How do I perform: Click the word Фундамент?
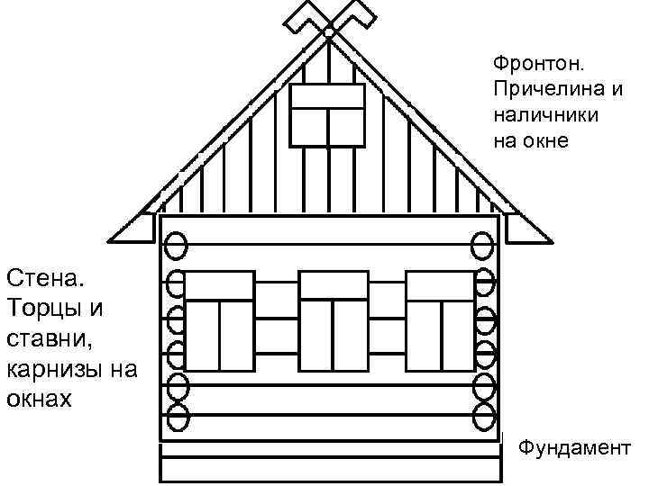[575, 447]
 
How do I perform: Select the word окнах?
[38, 398]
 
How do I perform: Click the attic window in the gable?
[326, 114]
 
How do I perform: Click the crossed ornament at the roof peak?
[329, 22]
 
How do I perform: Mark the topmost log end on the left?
[177, 245]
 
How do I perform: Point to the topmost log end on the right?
[484, 245]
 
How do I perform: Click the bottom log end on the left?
[178, 417]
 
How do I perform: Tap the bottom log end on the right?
[484, 417]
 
